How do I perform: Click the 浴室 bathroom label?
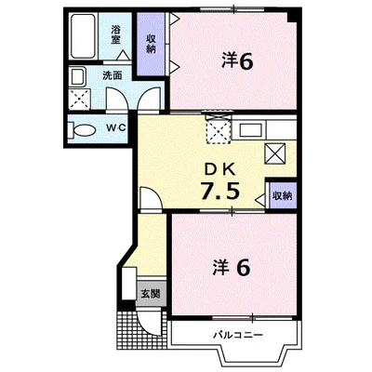point(116,34)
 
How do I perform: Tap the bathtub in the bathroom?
point(83,36)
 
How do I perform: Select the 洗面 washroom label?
point(113,76)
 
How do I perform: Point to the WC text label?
point(116,127)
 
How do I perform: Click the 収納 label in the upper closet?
point(151,44)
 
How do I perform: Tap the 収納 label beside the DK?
point(283,196)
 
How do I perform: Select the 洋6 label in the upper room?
point(237,61)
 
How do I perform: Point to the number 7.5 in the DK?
point(220,191)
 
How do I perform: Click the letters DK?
point(219,169)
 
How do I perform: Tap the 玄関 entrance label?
point(151,294)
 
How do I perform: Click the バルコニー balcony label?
point(238,335)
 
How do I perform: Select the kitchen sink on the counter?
point(252,129)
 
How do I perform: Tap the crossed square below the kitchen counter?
point(274,153)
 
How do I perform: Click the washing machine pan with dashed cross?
point(80,99)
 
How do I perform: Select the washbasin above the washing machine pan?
point(77,77)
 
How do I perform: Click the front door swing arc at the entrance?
point(148,324)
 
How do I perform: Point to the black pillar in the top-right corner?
point(293,16)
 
